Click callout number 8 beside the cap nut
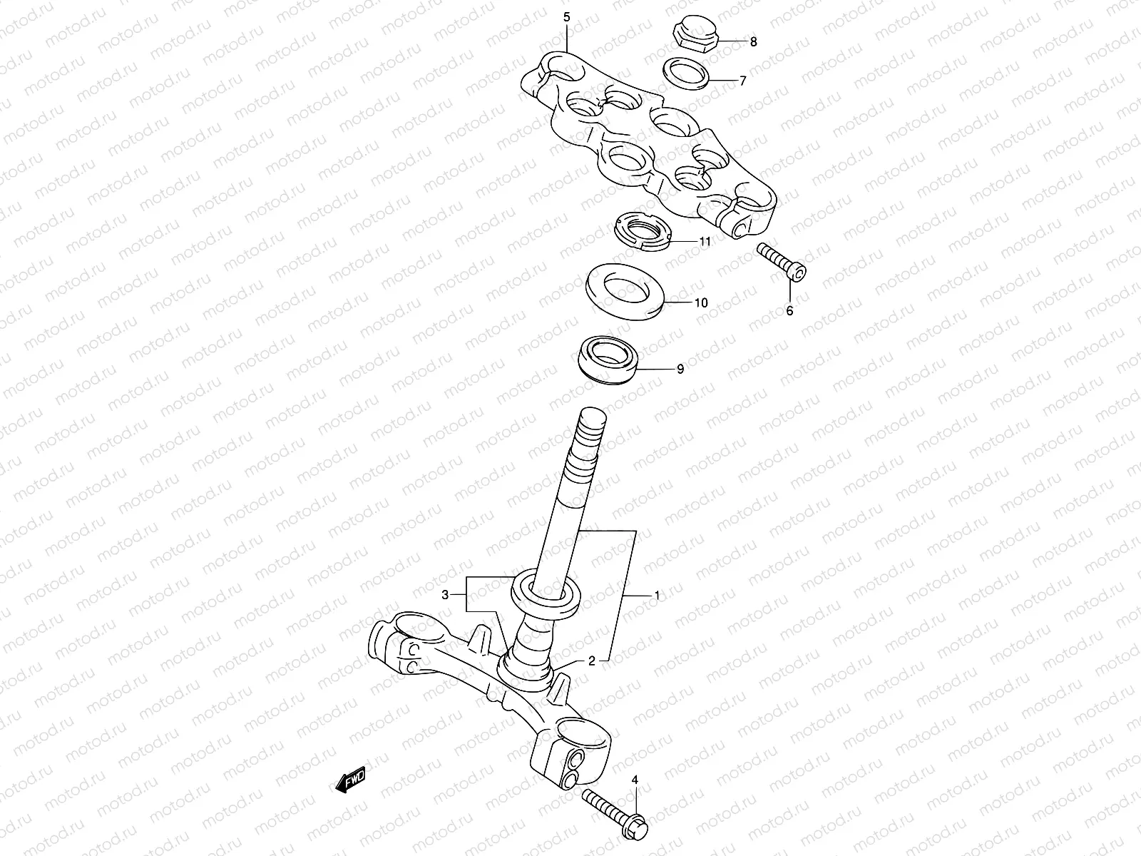[x=754, y=42]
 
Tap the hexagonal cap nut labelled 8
[x=694, y=34]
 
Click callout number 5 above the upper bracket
[x=567, y=17]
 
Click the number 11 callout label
[x=705, y=242]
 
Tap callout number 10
[x=701, y=302]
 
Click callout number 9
[x=680, y=369]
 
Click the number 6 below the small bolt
[x=789, y=310]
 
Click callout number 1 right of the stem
[x=657, y=594]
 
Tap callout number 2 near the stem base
[x=591, y=661]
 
